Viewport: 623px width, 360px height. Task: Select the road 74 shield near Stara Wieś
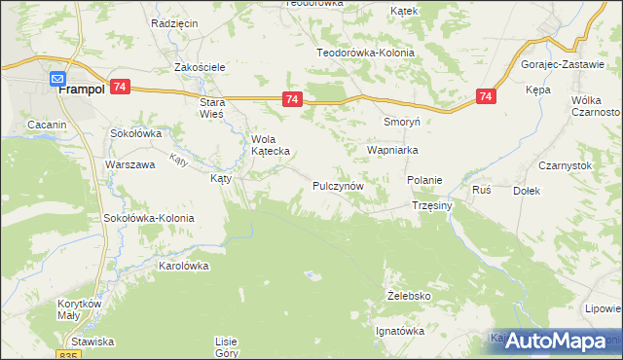[291, 99]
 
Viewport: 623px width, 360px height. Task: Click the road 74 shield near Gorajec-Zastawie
[487, 96]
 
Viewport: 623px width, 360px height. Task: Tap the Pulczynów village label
[338, 185]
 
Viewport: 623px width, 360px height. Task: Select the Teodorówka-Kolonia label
[365, 53]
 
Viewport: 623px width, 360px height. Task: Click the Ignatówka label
[400, 331]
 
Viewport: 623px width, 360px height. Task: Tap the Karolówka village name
[184, 265]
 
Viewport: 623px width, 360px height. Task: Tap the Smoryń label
[401, 124]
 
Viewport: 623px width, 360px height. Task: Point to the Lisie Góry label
[227, 346]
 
